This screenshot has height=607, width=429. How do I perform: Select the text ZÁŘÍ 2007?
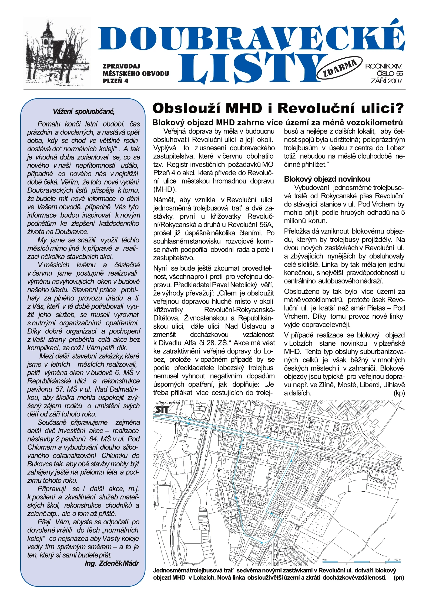[387, 81]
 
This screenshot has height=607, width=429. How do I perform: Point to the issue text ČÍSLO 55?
[390, 73]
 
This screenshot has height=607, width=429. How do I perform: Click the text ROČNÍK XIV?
[383, 66]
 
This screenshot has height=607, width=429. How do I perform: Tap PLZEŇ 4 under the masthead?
[115, 81]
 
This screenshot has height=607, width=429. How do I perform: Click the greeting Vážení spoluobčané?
[83, 111]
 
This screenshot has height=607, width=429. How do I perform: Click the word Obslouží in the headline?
[186, 108]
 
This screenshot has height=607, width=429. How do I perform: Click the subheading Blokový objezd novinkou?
[327, 179]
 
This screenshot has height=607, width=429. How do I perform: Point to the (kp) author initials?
[399, 393]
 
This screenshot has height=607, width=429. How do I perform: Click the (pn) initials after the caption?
[399, 578]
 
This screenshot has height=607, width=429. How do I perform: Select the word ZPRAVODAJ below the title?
[121, 66]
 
